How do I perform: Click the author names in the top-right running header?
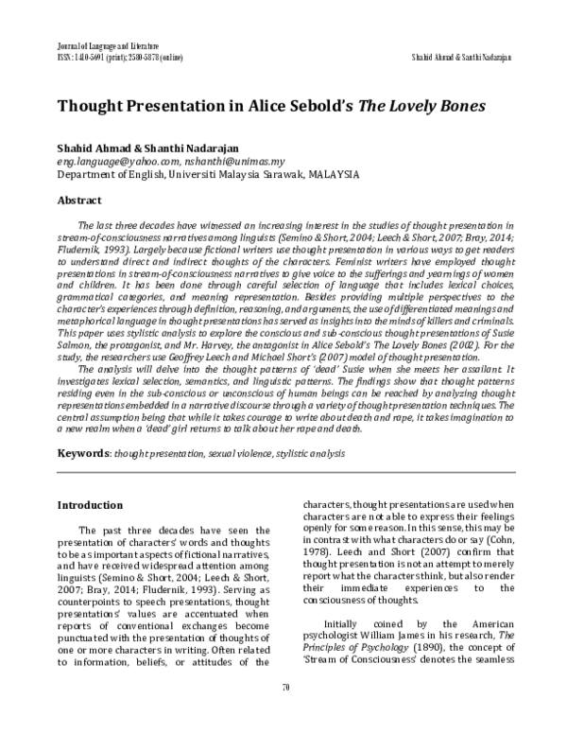[462, 57]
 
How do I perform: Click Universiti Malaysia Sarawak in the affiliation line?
[212, 175]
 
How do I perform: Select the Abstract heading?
[80, 201]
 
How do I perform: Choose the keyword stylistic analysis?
[310, 454]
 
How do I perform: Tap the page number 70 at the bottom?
[283, 711]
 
